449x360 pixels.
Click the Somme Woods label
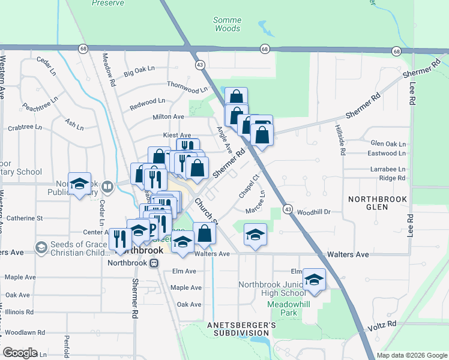(227, 24)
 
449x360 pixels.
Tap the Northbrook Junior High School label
(272, 289)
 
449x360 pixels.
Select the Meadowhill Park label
(282, 308)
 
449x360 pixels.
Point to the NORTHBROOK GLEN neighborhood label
(378, 203)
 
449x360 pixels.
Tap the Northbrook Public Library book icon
(107, 187)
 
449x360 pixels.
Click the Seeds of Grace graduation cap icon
(41, 247)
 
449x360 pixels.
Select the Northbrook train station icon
(154, 263)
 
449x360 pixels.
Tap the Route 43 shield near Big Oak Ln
(198, 64)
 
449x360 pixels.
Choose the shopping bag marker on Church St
(205, 233)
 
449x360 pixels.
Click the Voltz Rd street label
(385, 323)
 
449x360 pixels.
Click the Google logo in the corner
(20, 353)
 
